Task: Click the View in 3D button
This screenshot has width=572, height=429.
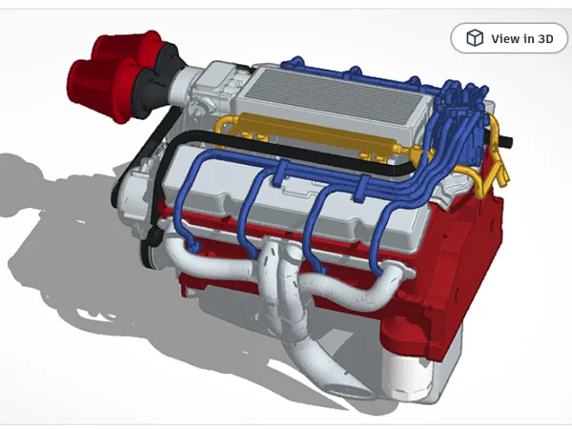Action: click(509, 38)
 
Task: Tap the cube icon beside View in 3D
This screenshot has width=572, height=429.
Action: click(475, 38)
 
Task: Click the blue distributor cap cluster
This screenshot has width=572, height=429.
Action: click(463, 110)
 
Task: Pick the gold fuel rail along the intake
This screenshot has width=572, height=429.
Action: click(314, 134)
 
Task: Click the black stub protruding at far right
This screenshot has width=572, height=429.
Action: click(507, 140)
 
